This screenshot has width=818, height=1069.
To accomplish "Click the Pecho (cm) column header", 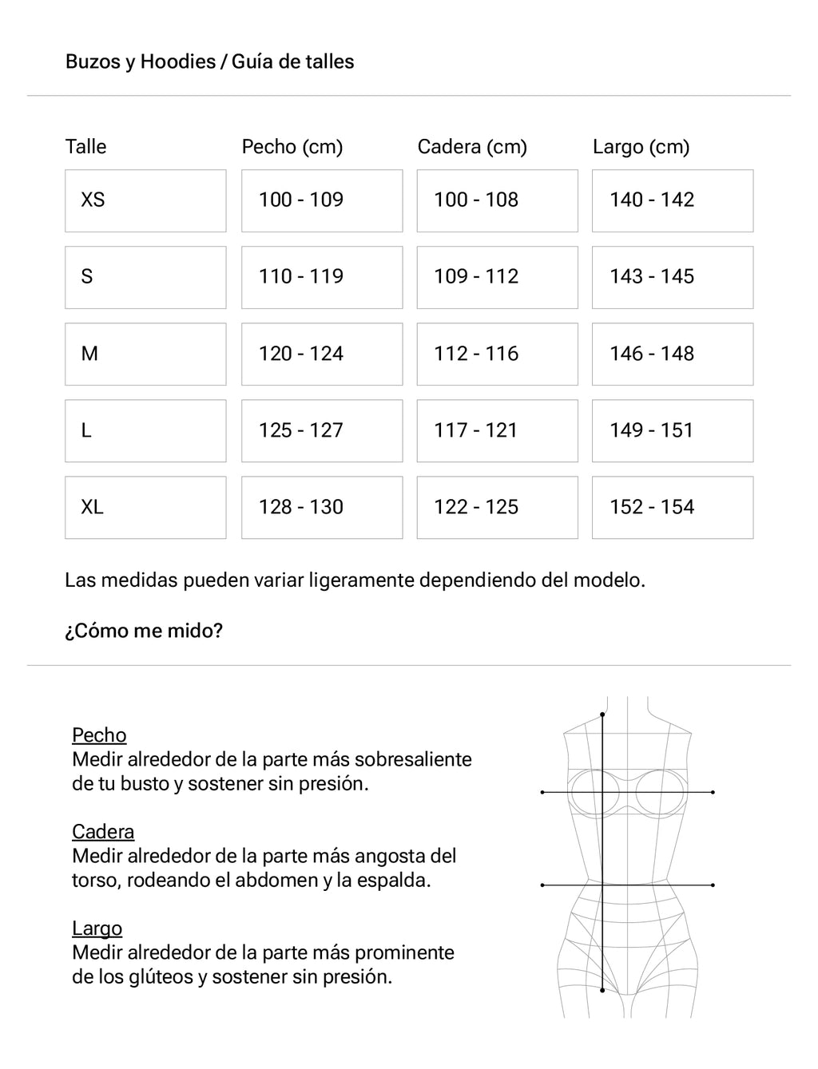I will pos(292,147).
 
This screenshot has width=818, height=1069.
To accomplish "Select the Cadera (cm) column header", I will pos(472,147).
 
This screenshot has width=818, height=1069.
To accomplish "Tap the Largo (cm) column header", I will pos(641,147).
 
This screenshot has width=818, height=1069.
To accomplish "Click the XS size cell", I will pos(145,200).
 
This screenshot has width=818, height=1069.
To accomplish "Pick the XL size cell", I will pos(145,508).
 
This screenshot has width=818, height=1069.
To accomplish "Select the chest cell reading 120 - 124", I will pos(322,354).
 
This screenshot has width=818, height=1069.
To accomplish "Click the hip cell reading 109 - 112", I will pos(497,277).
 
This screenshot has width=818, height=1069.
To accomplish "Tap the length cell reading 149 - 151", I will pos(672,430).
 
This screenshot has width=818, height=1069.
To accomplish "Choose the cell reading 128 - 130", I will pos(322,508).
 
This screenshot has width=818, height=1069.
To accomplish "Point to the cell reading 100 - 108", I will pos(497,200).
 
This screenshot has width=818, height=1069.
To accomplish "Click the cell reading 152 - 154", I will pos(672,508).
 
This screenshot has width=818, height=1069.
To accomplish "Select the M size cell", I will pos(145,354).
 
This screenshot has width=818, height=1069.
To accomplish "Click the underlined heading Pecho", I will pos(99,735).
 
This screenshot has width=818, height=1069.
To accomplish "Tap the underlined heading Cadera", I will pos(103,832).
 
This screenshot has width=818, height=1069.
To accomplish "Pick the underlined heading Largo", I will pos(97,928).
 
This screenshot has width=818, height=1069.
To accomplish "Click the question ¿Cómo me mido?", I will pos(144,631).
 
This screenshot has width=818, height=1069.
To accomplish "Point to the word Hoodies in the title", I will pos(177,61).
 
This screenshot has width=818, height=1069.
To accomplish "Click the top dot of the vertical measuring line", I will pos(602,714).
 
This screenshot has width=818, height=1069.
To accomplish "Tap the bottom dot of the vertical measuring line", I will pos(602,991).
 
